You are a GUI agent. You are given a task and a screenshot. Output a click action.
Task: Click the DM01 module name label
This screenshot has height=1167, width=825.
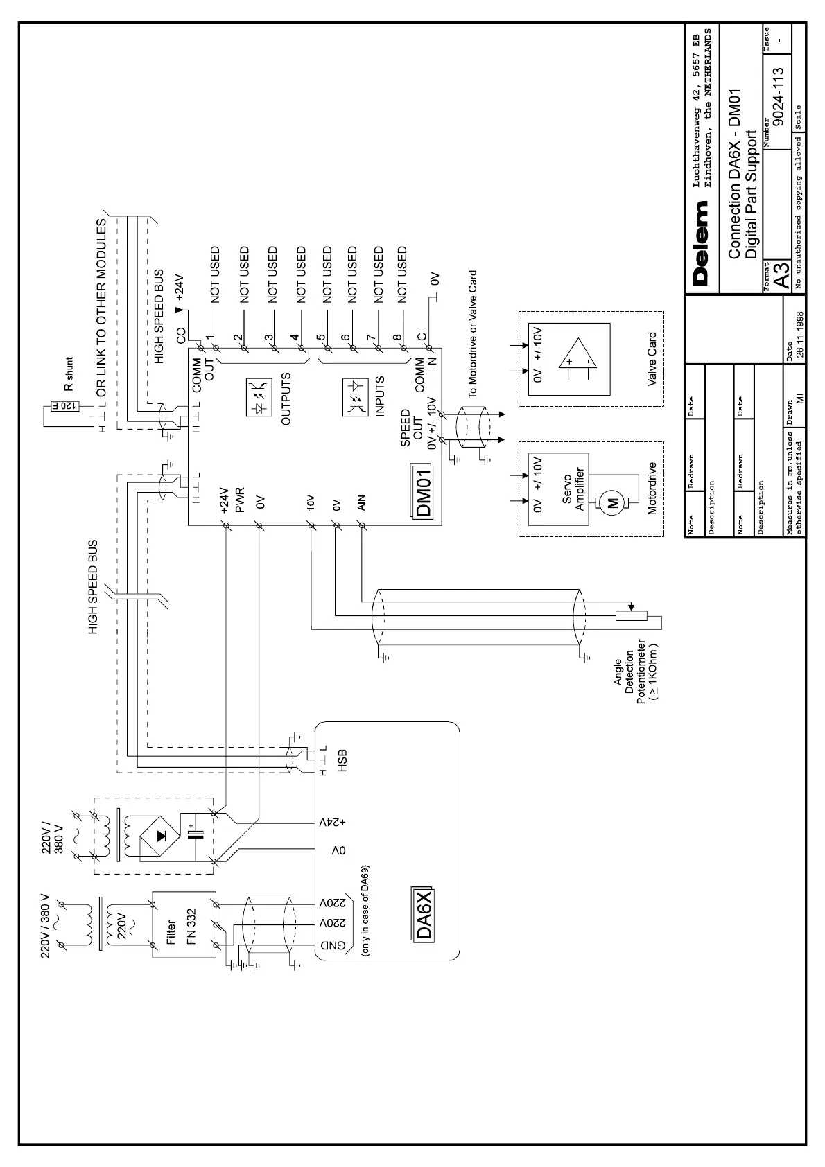(x=424, y=491)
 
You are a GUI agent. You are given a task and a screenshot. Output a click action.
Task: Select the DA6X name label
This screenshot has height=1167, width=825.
(x=424, y=913)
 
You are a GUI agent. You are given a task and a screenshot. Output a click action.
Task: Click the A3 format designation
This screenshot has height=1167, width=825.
(x=781, y=277)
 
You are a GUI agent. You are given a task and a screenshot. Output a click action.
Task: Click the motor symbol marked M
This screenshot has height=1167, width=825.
(x=612, y=504)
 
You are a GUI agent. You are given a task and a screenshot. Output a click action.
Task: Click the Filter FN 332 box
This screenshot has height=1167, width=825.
(x=184, y=924)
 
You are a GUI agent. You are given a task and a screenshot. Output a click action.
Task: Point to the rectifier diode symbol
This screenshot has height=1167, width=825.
(x=161, y=836)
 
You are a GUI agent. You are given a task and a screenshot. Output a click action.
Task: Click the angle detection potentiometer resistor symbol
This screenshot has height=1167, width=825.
(x=631, y=615)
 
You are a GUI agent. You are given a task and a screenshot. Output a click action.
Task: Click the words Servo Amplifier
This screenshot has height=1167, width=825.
(x=575, y=489)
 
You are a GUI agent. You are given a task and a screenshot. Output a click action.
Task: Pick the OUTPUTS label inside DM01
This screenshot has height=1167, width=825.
(x=286, y=398)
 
